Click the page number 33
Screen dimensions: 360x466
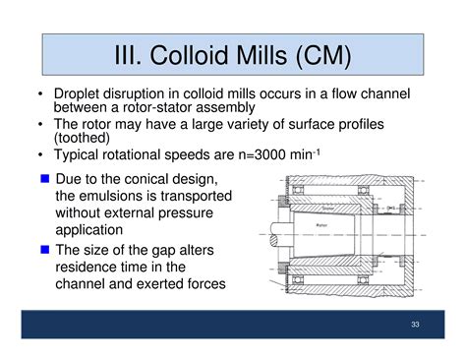click(x=415, y=325)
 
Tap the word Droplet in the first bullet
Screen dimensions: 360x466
click(x=80, y=93)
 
